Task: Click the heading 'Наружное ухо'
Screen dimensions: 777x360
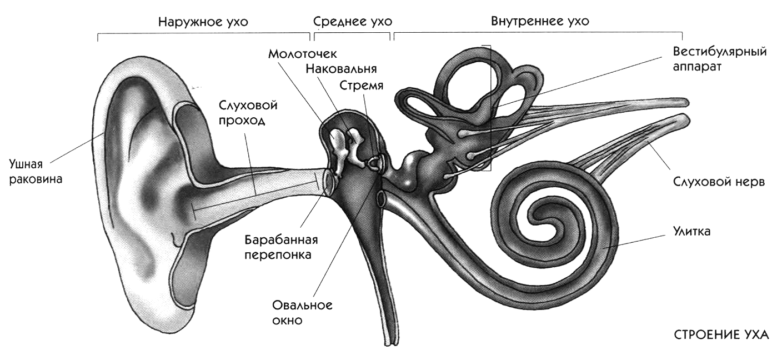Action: [203, 22]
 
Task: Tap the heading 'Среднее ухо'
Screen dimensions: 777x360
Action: [353, 22]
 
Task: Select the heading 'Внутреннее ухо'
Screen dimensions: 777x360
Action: [540, 21]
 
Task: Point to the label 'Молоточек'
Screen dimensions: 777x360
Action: [303, 54]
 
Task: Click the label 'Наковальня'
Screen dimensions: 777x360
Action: [341, 69]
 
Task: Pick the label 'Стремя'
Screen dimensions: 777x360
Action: [361, 86]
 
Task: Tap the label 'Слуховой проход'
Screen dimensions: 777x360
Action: [248, 113]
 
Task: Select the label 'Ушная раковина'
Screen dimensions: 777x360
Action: [36, 172]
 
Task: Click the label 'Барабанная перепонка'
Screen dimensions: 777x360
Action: [281, 247]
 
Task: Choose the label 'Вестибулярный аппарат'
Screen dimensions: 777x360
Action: [719, 59]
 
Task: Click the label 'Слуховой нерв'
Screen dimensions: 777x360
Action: [719, 182]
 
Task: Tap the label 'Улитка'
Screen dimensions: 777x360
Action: [691, 231]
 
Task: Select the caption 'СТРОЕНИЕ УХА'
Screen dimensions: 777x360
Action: [721, 336]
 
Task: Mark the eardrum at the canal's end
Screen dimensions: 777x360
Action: [328, 181]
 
